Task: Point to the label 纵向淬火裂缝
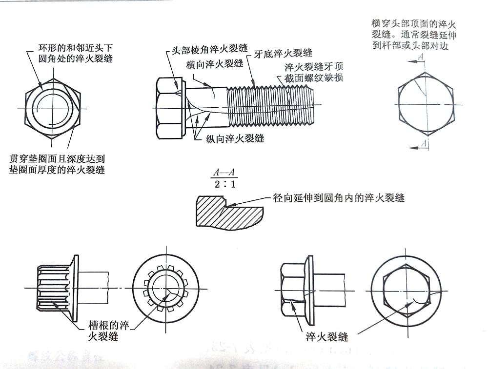(235, 138)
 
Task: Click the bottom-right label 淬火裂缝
(326, 337)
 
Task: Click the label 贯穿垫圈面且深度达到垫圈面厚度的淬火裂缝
(57, 164)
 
